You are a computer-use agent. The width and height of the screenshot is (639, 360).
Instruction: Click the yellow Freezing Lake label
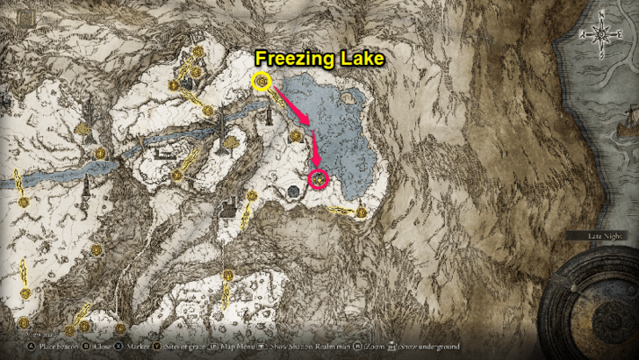[319, 58]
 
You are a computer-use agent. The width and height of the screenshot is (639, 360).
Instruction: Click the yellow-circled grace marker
[261, 83]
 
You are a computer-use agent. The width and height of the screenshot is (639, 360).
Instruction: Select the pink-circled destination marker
[319, 179]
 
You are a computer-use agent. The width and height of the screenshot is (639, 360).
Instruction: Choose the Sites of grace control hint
[185, 347]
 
